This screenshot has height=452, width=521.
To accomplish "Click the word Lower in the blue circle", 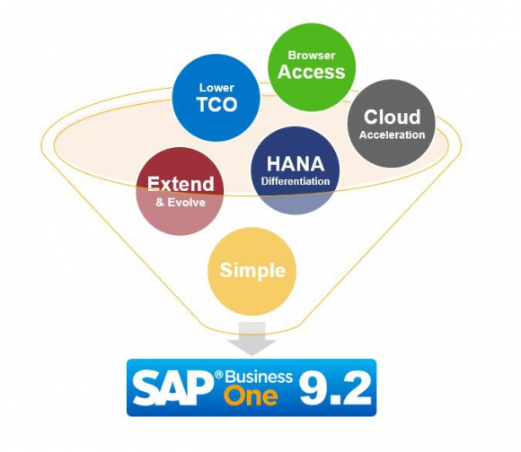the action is tap(216, 88).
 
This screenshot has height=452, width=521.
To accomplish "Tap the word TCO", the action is tap(217, 104).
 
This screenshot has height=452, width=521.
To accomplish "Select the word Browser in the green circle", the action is tap(312, 55).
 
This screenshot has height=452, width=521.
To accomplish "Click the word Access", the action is tap(312, 72).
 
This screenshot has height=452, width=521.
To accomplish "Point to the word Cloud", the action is tap(392, 117).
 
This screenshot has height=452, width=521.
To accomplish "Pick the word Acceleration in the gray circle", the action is tap(392, 135).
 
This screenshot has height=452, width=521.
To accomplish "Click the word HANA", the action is tap(296, 164).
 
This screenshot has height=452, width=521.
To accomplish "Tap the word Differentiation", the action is tap(296, 181).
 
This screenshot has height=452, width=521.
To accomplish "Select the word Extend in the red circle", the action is tap(181, 184).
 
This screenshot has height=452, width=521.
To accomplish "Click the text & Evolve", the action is tap(181, 203).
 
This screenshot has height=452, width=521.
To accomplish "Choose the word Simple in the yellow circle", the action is tap(252, 270).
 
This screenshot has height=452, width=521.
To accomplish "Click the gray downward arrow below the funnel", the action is tap(252, 339).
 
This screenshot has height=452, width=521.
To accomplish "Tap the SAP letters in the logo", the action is tap(172, 387).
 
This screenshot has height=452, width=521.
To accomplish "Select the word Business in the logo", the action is tap(259, 377).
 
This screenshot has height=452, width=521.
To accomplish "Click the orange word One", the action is tap(251, 396).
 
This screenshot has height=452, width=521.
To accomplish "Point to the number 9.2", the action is tap(335, 387).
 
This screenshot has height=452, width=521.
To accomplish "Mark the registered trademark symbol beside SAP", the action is tap(218, 375).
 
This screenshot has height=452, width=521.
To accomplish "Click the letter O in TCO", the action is tap(228, 104).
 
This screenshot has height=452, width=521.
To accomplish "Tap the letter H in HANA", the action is tap(273, 164).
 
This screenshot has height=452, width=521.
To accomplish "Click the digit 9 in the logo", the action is tap(312, 387).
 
